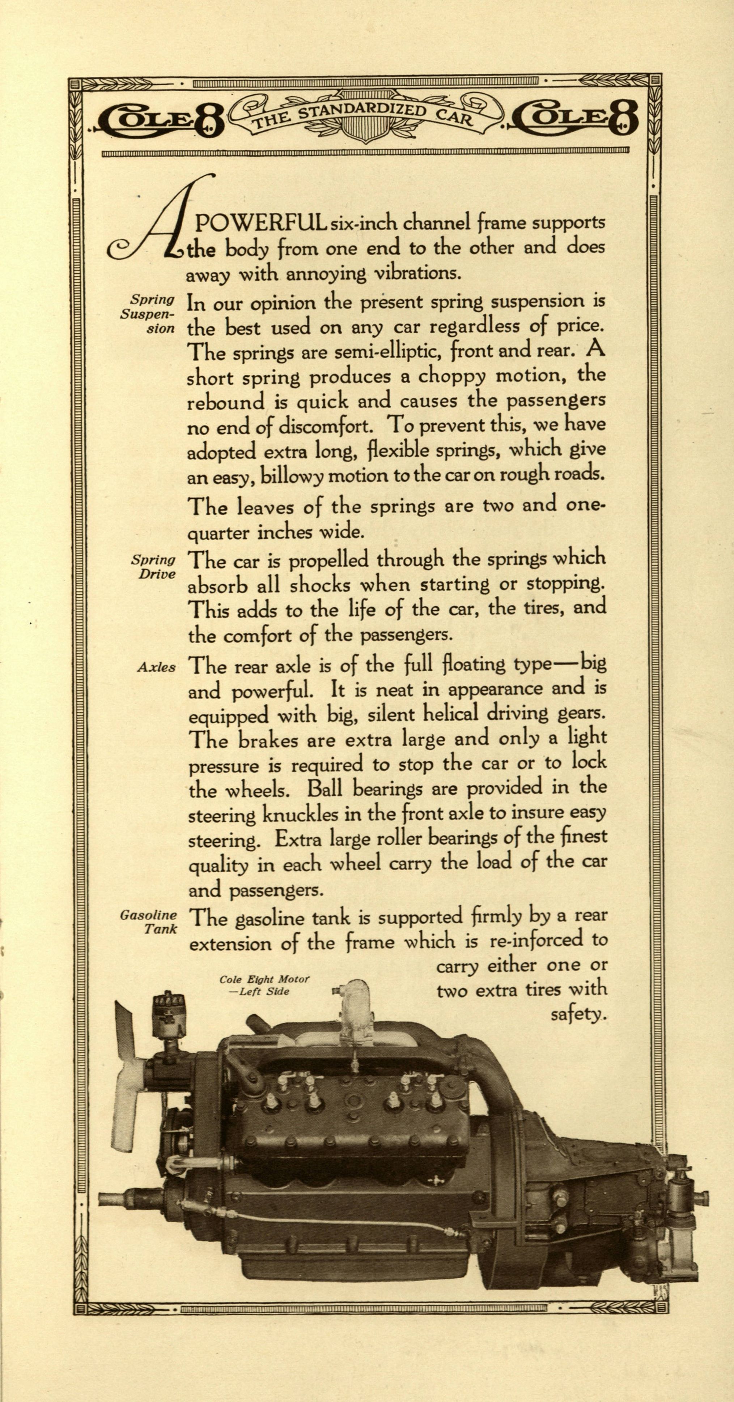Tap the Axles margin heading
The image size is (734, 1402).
click(156, 667)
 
